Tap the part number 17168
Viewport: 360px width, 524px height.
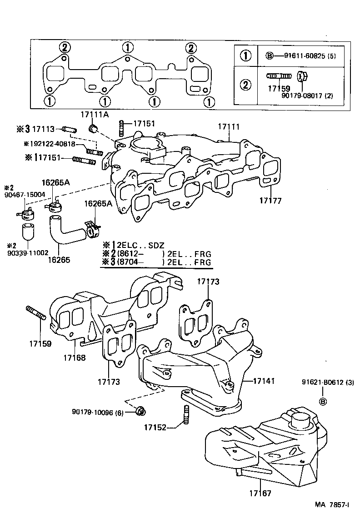(74, 358)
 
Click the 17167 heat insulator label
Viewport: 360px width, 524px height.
(260, 493)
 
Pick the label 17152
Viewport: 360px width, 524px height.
(155, 427)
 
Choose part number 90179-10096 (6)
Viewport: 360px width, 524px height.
(97, 412)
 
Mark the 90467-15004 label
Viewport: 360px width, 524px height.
(25, 195)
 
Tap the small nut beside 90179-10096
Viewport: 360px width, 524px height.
(141, 411)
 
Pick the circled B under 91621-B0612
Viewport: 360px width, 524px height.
(322, 401)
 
